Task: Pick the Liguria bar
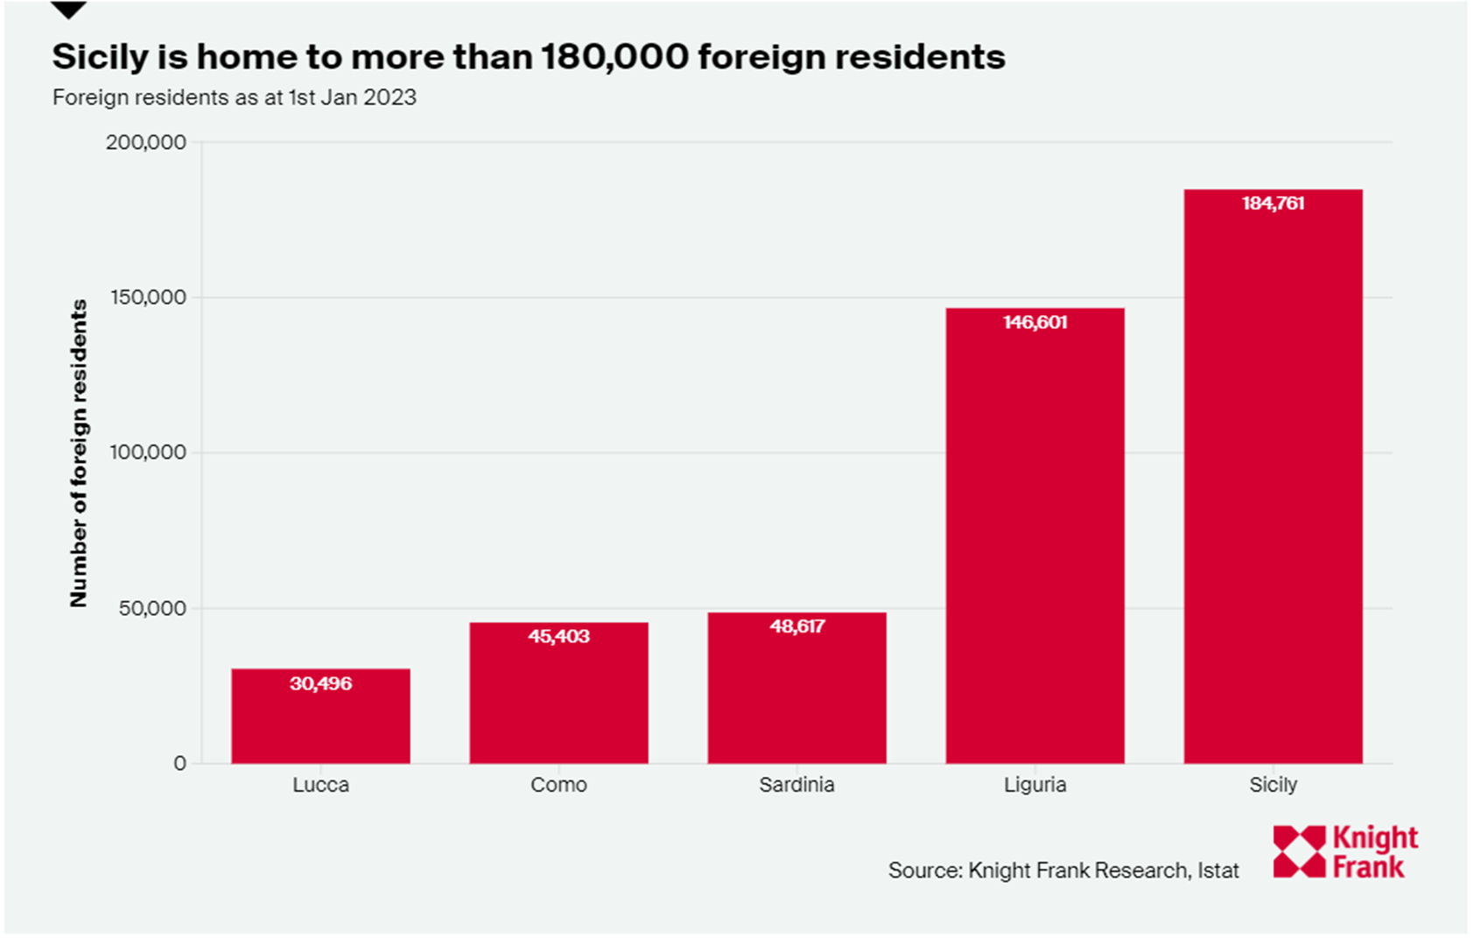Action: pos(1035,542)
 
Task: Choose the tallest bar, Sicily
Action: pos(1273,481)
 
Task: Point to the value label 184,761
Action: pos(1273,204)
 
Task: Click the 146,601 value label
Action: pos(1035,323)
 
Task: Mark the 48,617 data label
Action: pos(796,626)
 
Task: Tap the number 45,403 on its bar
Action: pos(558,637)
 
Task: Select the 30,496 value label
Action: pos(320,684)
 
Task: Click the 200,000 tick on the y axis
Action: pos(146,143)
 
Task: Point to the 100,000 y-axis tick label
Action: pos(148,452)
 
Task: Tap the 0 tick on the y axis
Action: pos(179,764)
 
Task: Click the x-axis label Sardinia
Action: pos(796,785)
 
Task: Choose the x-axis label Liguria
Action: pos(1035,785)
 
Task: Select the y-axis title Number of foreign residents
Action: pos(79,452)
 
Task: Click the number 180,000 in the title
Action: pos(614,58)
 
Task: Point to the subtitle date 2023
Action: pos(389,97)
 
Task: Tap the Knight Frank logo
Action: pos(1345,851)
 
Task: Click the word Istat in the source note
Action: pos(1218,871)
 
